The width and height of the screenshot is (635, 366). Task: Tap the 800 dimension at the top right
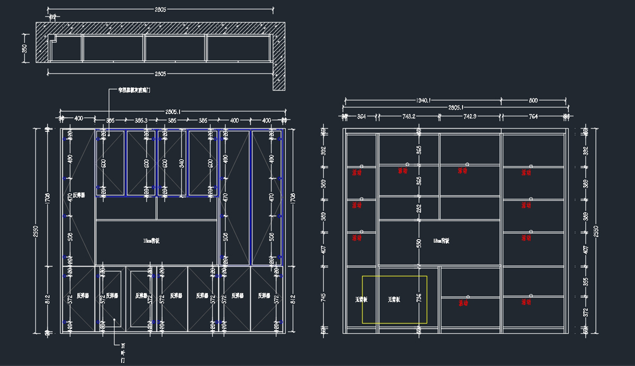(x=533, y=99)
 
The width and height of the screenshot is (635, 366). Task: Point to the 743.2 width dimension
(x=409, y=116)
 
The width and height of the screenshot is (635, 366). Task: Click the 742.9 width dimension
(x=470, y=116)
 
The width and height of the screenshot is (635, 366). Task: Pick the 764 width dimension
(x=533, y=116)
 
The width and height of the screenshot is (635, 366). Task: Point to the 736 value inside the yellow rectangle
(x=419, y=299)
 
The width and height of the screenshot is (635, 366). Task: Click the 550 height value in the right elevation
(x=419, y=243)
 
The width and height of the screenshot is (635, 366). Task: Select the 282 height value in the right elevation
(x=419, y=208)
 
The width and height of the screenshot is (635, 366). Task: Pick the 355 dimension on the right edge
(x=585, y=282)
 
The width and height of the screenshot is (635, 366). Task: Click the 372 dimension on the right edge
(x=585, y=313)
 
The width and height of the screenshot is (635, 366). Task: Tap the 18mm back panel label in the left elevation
(x=151, y=241)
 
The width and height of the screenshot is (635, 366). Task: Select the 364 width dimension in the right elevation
(x=361, y=116)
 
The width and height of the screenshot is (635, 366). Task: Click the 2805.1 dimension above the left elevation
(x=173, y=112)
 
